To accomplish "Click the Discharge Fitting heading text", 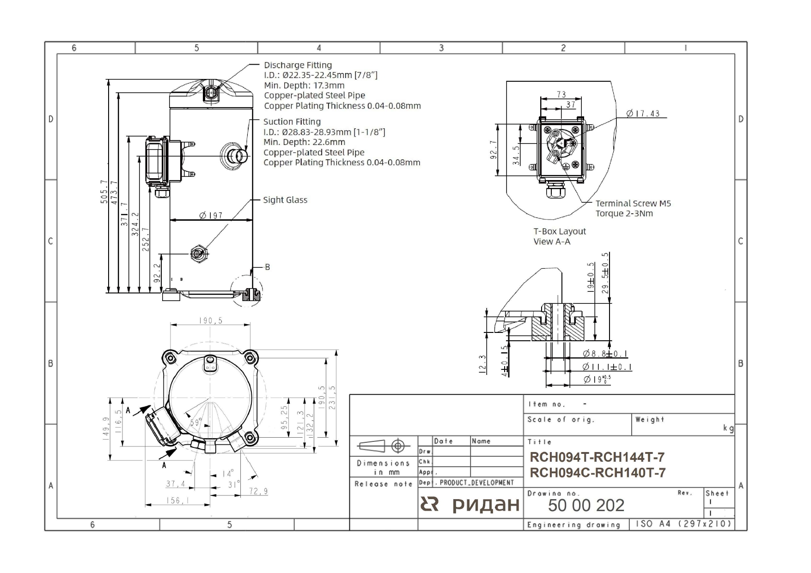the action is (298, 65).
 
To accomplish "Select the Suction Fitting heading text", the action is (292, 121).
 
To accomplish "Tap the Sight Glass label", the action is (285, 200).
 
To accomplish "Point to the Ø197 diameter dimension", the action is (211, 215).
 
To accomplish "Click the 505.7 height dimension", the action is (104, 192).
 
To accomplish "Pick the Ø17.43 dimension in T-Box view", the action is (643, 113).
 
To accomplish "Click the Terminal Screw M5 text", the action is (633, 203).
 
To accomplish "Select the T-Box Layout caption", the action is (560, 231).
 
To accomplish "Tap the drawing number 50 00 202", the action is (586, 505).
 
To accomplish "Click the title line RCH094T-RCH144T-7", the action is (597, 457).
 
